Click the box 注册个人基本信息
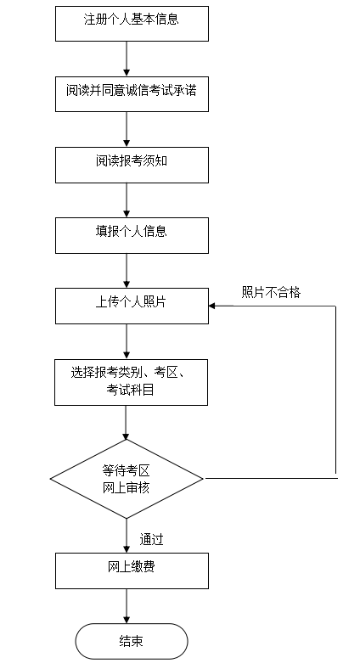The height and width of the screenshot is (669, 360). [132, 24]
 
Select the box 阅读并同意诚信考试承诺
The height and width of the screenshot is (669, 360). [132, 94]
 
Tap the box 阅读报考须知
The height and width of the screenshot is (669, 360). [132, 165]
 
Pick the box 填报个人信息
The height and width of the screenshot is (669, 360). [132, 235]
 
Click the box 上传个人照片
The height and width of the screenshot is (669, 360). [132, 306]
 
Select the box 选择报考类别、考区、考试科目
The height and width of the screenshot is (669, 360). [131, 382]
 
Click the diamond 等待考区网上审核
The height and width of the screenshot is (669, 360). [127, 479]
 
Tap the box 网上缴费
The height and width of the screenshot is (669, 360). [132, 571]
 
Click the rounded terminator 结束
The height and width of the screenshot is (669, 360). [132, 641]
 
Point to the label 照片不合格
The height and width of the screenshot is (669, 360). [272, 292]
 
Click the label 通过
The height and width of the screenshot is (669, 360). [151, 539]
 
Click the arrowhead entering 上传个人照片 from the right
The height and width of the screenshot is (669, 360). [211, 306]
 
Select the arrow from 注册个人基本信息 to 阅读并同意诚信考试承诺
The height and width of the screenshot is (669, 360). [127, 59]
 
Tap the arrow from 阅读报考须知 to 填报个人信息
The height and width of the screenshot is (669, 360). [127, 200]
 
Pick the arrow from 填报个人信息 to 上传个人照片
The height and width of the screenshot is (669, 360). [127, 271]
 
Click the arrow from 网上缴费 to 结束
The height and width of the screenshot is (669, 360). [127, 606]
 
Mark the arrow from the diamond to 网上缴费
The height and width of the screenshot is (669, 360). [127, 536]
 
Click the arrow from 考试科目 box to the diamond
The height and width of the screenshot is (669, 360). [126, 423]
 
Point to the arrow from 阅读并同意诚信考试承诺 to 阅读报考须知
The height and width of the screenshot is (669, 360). [127, 129]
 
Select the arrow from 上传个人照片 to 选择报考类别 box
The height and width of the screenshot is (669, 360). [127, 341]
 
